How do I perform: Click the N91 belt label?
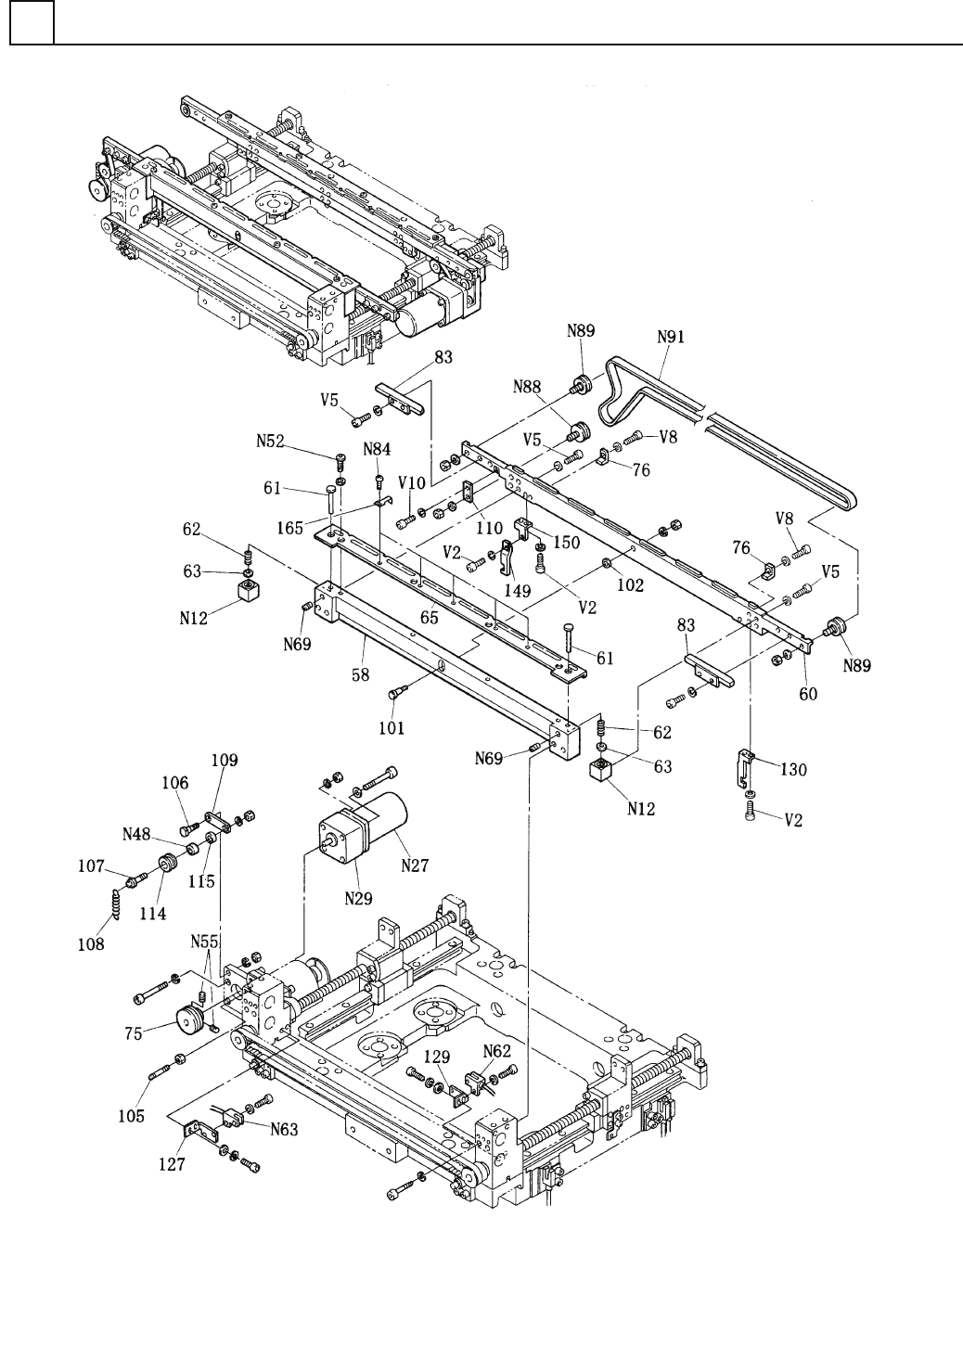click(671, 339)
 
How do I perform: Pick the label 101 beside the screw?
click(392, 729)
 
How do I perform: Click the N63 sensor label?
click(286, 1129)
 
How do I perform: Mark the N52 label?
click(271, 443)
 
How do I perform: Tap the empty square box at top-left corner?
click(32, 22)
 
